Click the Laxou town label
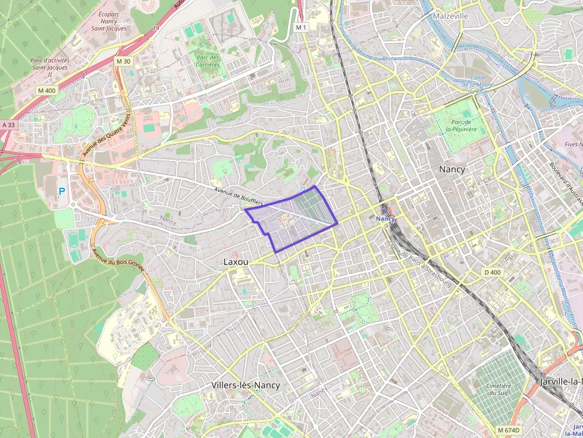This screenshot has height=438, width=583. (236, 261)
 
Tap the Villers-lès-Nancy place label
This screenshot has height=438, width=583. (245, 385)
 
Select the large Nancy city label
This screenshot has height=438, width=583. (452, 169)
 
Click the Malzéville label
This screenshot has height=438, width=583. (451, 16)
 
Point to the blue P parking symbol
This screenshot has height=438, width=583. (62, 192)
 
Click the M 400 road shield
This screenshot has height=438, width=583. (46, 90)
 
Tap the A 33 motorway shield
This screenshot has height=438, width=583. (8, 125)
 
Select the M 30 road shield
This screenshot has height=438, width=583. (123, 61)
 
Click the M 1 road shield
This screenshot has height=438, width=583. (301, 27)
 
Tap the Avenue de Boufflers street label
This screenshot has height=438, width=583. (239, 196)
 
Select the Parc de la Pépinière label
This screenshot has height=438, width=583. (461, 124)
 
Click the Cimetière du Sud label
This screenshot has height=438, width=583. (499, 389)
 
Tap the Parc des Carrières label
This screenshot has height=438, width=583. (207, 61)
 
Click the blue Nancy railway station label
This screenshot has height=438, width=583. (385, 218)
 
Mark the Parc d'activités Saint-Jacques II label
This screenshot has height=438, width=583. (50, 67)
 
